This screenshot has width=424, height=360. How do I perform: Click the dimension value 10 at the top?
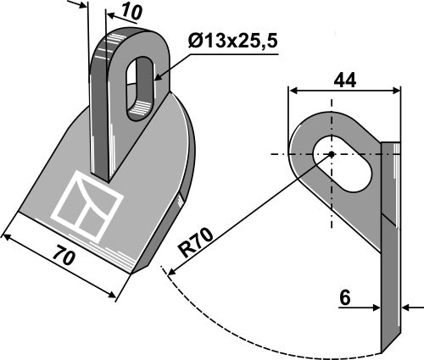click(x=131, y=12)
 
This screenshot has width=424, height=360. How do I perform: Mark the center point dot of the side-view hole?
click(x=330, y=154)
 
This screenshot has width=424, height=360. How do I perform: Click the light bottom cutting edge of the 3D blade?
click(x=76, y=246)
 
